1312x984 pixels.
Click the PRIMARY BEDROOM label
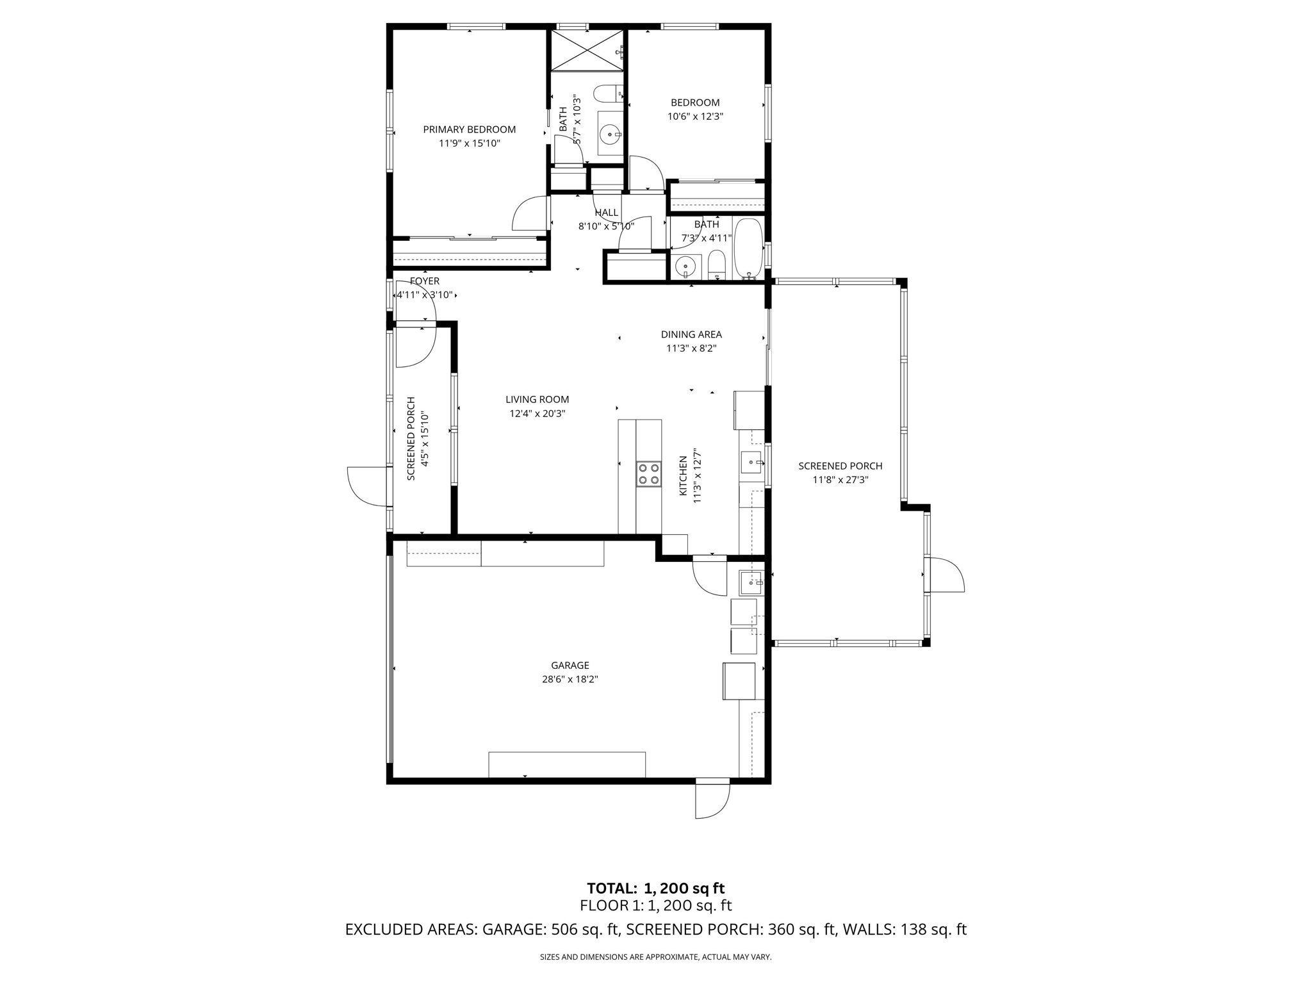[469, 129]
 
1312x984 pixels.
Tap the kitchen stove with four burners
[648, 474]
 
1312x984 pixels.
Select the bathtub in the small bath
[748, 249]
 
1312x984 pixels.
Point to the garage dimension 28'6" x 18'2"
[570, 680]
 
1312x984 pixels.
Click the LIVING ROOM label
[537, 400]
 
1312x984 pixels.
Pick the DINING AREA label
[691, 334]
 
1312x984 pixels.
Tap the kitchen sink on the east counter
[751, 462]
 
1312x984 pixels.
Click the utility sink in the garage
[751, 583]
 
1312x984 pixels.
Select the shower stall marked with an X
[587, 50]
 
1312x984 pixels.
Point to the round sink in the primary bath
[610, 135]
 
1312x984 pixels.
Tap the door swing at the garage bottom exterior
[712, 801]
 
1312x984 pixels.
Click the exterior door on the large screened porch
[944, 575]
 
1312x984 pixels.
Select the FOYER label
[425, 281]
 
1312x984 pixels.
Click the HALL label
[606, 213]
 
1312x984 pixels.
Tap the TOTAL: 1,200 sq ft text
[655, 889]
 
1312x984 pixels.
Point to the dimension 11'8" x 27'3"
[840, 480]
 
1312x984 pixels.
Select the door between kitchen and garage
[710, 575]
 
